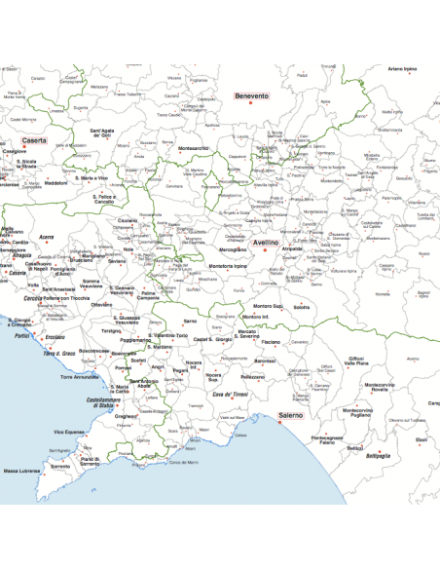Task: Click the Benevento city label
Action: (251, 96)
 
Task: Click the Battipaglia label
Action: (378, 456)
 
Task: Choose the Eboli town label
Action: (421, 439)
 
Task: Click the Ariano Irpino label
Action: (402, 69)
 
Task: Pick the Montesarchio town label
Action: (193, 148)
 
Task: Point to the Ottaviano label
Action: (101, 305)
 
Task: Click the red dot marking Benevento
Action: (251, 105)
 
